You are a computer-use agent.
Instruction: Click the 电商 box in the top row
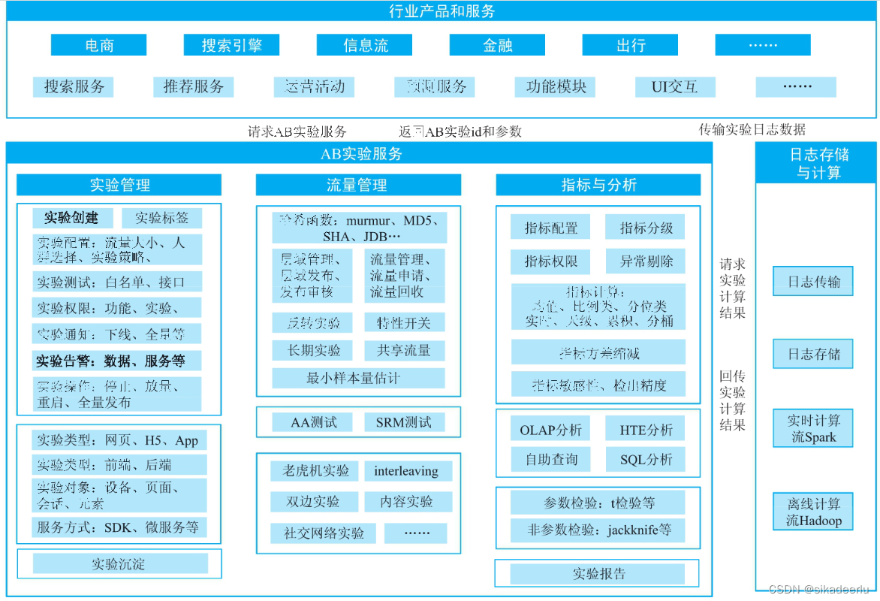pos(99,45)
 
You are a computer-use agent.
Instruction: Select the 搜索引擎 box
pos(231,45)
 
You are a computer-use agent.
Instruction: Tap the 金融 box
pos(497,45)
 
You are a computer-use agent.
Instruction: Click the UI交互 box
pos(674,86)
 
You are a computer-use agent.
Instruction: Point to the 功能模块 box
pos(556,86)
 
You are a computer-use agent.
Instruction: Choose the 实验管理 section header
pos(119,185)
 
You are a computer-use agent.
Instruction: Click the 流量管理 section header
pos(357,185)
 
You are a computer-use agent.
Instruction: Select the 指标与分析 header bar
pos(598,185)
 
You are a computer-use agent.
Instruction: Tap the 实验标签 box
pos(161,218)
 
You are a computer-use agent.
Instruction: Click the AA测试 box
pos(314,422)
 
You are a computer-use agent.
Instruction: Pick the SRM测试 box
pos(404,422)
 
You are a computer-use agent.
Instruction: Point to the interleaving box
pos(406,471)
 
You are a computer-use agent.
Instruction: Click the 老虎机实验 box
pos(315,471)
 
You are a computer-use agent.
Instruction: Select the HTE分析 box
pos(646,430)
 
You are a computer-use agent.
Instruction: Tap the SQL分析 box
pos(646,459)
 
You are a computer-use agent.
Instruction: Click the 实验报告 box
pos(598,574)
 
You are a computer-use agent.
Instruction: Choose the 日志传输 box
pos(813,282)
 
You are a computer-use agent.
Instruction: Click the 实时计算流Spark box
pos(813,429)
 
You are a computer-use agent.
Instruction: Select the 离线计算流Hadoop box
pos(813,512)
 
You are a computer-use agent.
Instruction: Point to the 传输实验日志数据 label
pos(752,129)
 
